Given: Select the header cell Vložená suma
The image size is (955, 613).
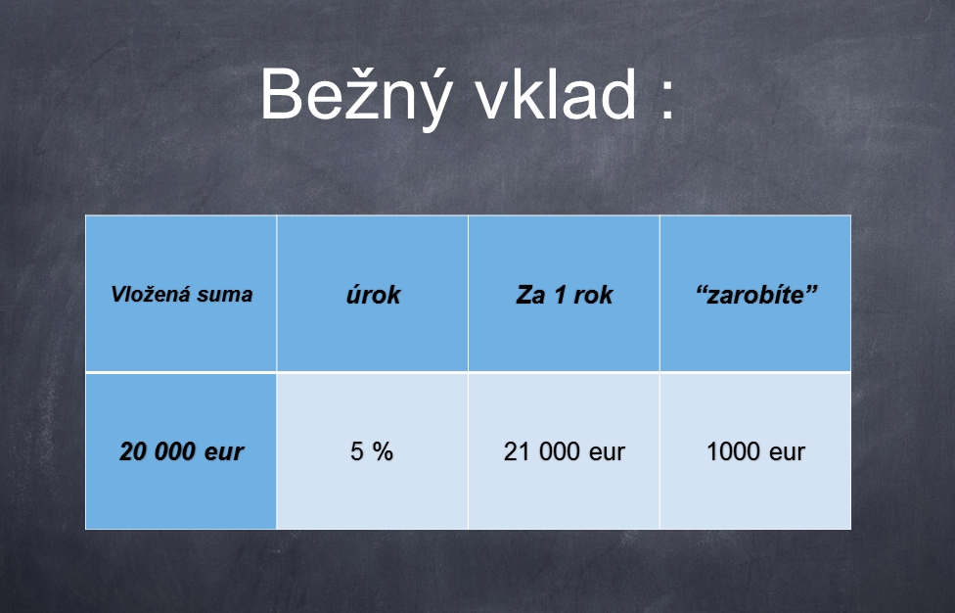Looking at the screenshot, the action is click(181, 293).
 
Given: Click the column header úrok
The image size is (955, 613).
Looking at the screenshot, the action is click(372, 293).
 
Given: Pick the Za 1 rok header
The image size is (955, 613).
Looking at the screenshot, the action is click(564, 293).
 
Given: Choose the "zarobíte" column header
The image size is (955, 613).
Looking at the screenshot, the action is click(755, 293).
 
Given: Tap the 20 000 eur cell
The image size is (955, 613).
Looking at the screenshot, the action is click(181, 450).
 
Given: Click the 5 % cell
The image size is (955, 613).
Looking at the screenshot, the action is click(372, 450).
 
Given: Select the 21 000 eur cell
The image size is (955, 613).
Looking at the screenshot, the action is click(564, 450).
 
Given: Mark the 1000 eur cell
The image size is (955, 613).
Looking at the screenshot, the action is click(755, 450).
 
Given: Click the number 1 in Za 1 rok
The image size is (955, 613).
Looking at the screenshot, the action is click(559, 295).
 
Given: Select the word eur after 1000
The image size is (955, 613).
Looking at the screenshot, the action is click(787, 453).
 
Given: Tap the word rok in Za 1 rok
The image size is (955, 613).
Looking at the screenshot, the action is click(593, 295).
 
